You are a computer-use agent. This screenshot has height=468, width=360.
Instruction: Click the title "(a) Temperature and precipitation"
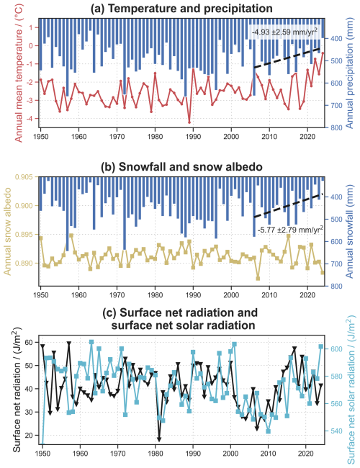click(x=180, y=8)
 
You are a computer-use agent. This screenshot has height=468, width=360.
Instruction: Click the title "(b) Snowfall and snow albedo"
click(x=180, y=166)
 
